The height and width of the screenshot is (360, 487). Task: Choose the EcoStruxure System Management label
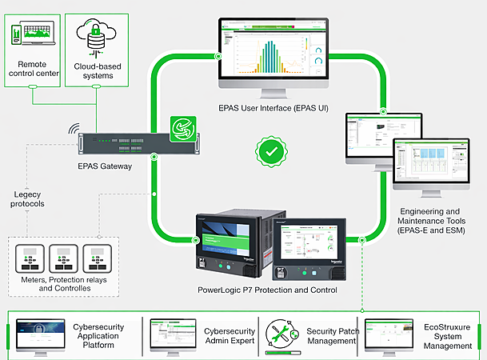(453, 335)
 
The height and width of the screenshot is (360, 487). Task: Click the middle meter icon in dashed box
(66, 258)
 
